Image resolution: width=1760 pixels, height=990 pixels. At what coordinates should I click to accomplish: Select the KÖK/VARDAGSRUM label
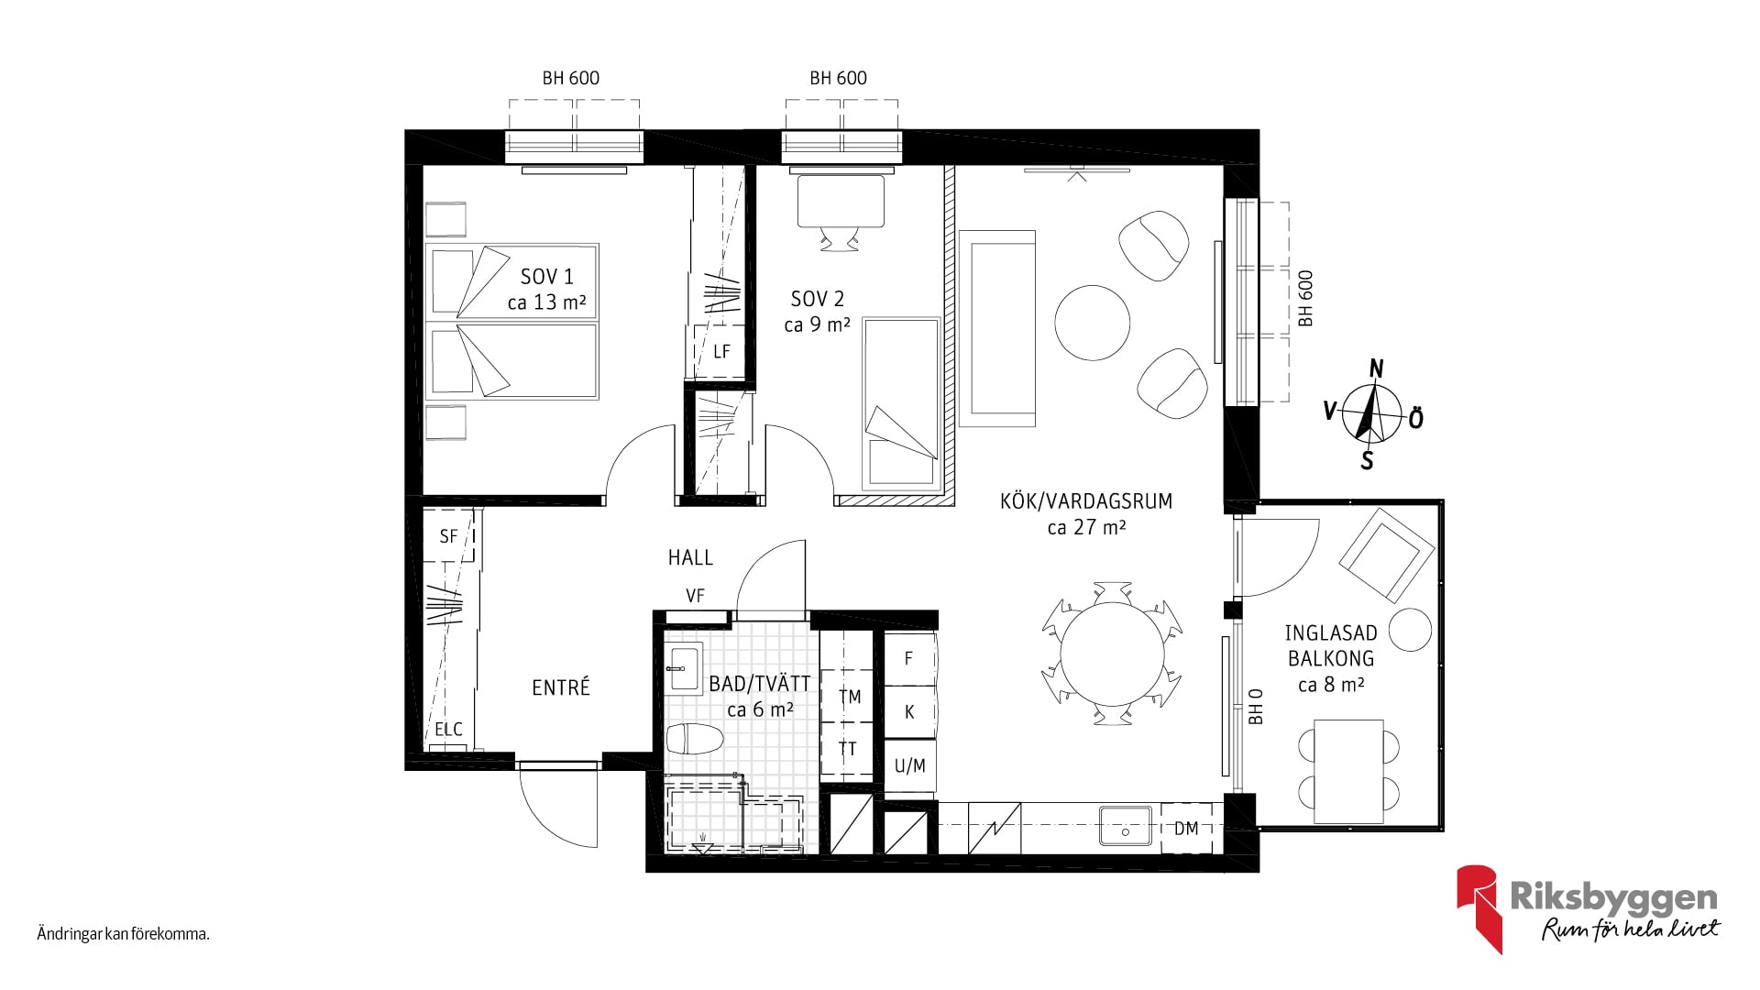click(x=1086, y=501)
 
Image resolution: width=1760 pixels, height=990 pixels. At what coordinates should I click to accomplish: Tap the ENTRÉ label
click(x=561, y=687)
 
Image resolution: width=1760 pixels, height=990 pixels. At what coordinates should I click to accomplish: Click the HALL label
click(x=690, y=557)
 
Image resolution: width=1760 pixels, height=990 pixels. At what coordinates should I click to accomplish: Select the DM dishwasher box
click(x=1186, y=828)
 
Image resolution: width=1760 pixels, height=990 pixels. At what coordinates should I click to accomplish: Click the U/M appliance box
click(x=909, y=766)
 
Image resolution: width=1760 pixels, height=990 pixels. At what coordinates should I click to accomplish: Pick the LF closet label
click(x=721, y=351)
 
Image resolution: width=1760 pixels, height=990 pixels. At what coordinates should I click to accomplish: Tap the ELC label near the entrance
click(x=448, y=730)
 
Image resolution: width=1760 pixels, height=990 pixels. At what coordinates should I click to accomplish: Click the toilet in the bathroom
click(x=694, y=739)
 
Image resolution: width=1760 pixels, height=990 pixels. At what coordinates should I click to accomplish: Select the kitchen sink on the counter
click(x=1126, y=823)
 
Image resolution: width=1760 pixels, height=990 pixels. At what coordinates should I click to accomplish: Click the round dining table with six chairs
click(x=1112, y=653)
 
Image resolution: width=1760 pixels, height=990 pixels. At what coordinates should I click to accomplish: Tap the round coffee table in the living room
click(x=1092, y=323)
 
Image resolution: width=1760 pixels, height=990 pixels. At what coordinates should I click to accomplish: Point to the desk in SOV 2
click(x=841, y=201)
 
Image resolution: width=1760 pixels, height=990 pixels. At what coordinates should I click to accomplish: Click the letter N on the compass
click(x=1376, y=369)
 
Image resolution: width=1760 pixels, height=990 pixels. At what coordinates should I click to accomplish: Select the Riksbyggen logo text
click(x=1613, y=898)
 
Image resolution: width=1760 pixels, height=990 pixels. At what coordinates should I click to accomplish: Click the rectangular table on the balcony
click(x=1348, y=771)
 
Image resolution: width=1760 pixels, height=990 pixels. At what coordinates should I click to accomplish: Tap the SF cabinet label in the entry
click(x=448, y=536)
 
